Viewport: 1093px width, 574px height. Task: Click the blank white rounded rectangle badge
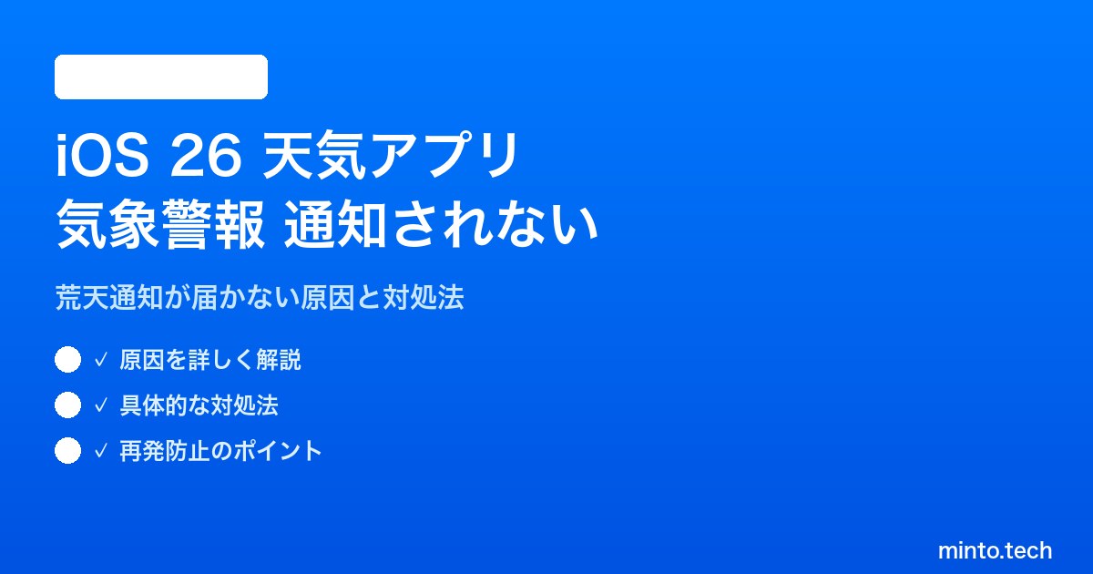(161, 77)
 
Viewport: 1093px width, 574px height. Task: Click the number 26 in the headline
(206, 156)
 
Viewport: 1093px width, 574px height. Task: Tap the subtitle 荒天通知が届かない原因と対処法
(260, 297)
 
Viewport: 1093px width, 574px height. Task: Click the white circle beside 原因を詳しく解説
(67, 360)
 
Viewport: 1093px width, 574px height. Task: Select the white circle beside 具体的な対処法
(67, 405)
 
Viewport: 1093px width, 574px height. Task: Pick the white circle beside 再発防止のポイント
(67, 450)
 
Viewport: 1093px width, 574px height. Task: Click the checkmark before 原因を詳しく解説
(100, 360)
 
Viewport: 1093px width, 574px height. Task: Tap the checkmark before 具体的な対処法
(100, 405)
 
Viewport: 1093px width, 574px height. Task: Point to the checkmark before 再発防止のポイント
(100, 451)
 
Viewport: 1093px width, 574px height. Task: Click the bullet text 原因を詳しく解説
(210, 360)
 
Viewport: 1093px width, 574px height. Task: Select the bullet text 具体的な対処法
(199, 405)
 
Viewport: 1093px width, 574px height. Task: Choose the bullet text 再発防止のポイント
(220, 451)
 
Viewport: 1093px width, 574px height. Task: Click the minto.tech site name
(995, 550)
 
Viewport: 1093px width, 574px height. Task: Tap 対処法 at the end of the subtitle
(423, 297)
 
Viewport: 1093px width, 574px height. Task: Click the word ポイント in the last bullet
(277, 451)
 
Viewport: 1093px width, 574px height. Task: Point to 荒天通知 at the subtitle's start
(109, 297)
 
